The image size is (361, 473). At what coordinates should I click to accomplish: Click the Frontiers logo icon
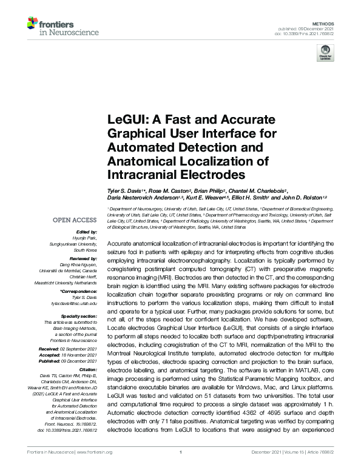pyautogui.click(x=32, y=23)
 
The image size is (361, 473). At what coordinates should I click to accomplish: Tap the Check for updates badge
pyautogui.click(x=326, y=55)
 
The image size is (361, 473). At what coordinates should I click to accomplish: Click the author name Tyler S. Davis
pyautogui.click(x=126, y=190)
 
